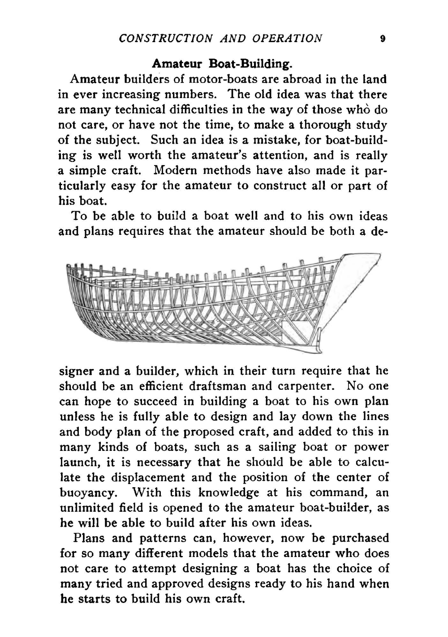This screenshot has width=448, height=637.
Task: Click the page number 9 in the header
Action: [382, 38]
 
